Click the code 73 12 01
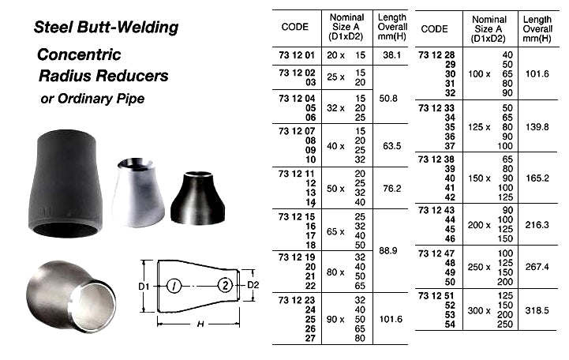pos(296,55)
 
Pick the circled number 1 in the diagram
pos(176,285)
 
